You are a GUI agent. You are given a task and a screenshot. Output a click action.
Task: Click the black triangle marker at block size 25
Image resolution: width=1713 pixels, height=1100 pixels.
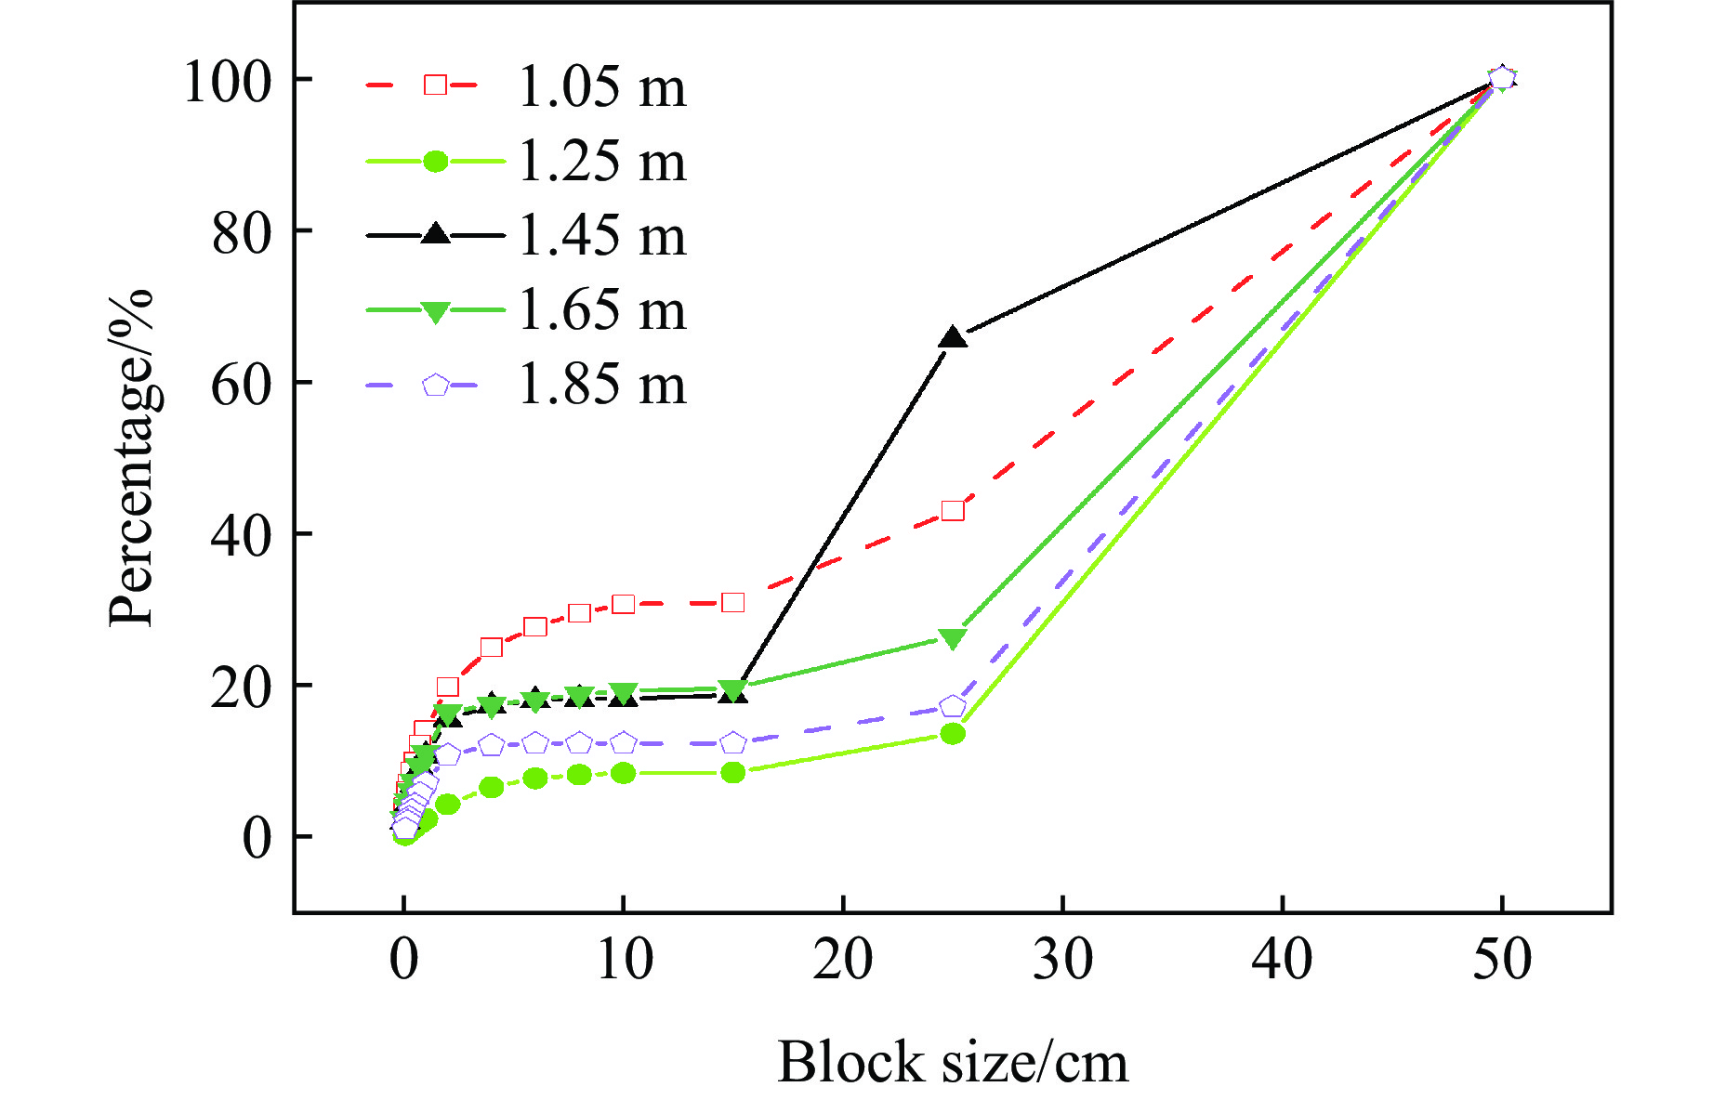pyautogui.click(x=953, y=337)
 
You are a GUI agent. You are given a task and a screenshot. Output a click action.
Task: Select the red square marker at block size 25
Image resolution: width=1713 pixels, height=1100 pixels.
pyautogui.click(x=953, y=510)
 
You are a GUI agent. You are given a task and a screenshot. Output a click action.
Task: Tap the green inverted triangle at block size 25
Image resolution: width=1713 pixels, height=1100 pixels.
pyautogui.click(x=953, y=638)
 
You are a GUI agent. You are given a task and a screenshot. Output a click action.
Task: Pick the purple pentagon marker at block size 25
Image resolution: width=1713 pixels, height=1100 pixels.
pyautogui.click(x=953, y=707)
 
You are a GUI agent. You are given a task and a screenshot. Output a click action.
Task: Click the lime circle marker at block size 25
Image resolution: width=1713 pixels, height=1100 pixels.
pyautogui.click(x=953, y=734)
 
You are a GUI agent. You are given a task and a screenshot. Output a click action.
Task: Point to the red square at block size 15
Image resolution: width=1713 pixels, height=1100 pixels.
pyautogui.click(x=732, y=602)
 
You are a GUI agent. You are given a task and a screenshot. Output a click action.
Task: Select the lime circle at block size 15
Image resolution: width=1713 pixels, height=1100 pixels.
pyautogui.click(x=732, y=772)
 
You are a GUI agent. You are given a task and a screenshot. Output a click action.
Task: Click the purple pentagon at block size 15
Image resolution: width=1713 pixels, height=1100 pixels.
pyautogui.click(x=733, y=743)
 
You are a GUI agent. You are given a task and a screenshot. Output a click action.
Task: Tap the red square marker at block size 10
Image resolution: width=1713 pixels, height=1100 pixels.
pyautogui.click(x=623, y=604)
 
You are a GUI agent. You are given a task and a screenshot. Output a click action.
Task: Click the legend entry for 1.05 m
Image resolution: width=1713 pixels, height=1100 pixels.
pyautogui.click(x=601, y=86)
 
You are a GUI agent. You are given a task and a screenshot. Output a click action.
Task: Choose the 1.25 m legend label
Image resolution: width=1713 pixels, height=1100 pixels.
pyautogui.click(x=601, y=161)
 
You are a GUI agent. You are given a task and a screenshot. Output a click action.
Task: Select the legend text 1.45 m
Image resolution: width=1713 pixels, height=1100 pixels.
pyautogui.click(x=601, y=235)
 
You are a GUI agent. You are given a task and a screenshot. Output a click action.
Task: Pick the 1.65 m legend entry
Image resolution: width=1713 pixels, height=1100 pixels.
pyautogui.click(x=601, y=309)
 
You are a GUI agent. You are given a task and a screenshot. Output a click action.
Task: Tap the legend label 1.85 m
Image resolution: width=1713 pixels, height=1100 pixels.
pyautogui.click(x=601, y=384)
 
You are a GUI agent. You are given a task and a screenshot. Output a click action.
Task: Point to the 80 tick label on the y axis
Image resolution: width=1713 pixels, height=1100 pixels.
pyautogui.click(x=241, y=232)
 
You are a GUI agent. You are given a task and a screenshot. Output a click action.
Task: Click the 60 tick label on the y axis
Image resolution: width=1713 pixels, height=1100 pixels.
pyautogui.click(x=241, y=384)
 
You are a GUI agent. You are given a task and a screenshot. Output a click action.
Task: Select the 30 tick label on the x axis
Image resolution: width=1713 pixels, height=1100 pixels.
pyautogui.click(x=1062, y=959)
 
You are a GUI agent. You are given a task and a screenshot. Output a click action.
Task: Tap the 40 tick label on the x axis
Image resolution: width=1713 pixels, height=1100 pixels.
pyautogui.click(x=1282, y=959)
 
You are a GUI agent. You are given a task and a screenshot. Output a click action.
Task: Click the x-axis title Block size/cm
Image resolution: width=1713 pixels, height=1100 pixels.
pyautogui.click(x=953, y=1062)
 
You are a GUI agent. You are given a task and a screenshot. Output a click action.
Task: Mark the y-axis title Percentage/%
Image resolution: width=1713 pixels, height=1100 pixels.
pyautogui.click(x=130, y=458)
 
